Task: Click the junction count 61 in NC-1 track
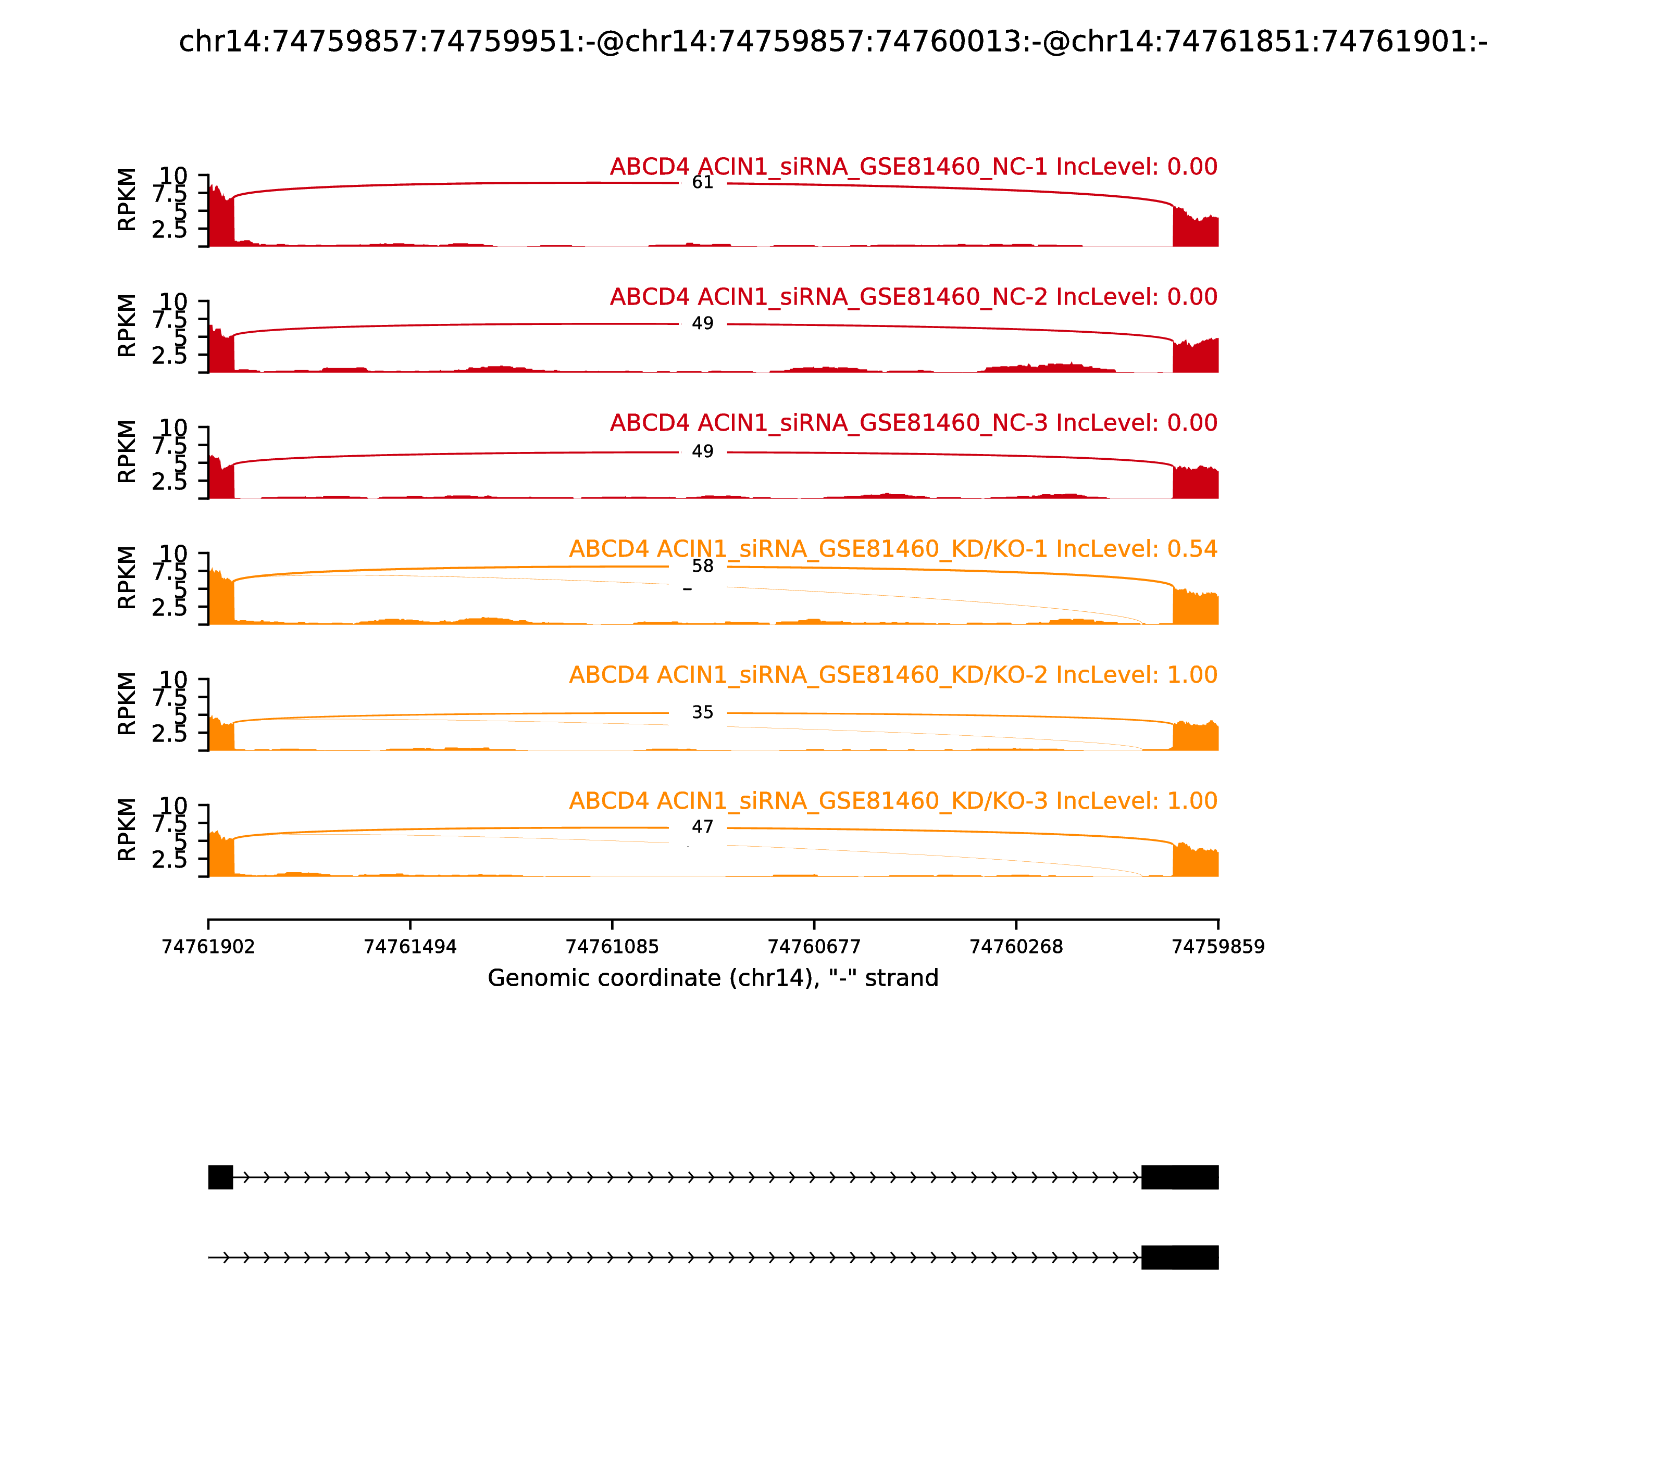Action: pyautogui.click(x=702, y=182)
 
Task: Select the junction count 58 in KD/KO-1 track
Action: pyautogui.click(x=702, y=567)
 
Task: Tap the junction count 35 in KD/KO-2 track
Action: pyautogui.click(x=702, y=713)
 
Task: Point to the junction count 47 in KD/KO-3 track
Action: pyautogui.click(x=702, y=827)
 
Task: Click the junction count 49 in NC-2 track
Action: pyautogui.click(x=702, y=324)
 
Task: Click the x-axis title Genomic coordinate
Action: pyautogui.click(x=713, y=978)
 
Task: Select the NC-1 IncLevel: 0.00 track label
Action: pyautogui.click(x=913, y=167)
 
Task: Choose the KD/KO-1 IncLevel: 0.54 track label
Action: pyautogui.click(x=893, y=549)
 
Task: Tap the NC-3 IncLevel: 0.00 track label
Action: pyautogui.click(x=913, y=423)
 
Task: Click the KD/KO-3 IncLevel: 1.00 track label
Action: pyautogui.click(x=893, y=801)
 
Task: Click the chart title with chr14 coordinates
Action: pyautogui.click(x=832, y=42)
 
